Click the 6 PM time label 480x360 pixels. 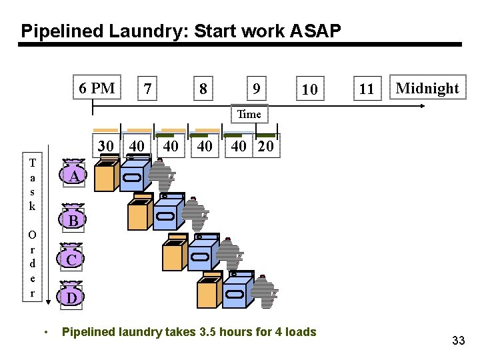97,88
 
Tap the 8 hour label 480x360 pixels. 203,89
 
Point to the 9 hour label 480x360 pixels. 256,89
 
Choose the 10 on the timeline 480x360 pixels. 309,89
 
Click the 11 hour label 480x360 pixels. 367,89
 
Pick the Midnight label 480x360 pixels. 427,88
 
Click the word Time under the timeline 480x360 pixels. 249,114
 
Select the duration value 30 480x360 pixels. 105,146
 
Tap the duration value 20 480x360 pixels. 265,146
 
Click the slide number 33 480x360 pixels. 458,341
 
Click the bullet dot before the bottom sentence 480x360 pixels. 45,332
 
